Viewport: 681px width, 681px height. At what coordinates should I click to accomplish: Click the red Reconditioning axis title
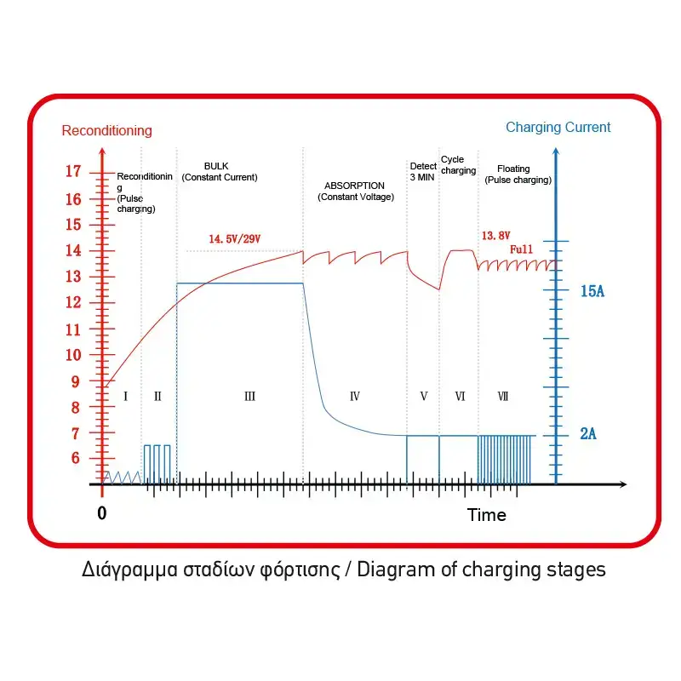tap(107, 130)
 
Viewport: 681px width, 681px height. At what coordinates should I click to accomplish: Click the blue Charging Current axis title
tap(558, 127)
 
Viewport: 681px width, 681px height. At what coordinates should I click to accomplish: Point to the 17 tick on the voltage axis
tap(73, 172)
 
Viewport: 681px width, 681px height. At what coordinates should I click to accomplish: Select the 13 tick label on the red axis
tap(73, 277)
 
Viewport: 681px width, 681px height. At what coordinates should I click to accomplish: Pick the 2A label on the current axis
tap(587, 434)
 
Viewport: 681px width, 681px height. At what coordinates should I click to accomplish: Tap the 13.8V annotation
tap(497, 234)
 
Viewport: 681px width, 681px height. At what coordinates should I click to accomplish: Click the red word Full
tap(522, 249)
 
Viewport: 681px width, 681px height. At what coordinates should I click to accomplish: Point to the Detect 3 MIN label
tap(423, 171)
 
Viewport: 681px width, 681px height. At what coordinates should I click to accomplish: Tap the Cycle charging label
tap(458, 165)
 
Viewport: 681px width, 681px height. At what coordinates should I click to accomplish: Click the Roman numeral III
tap(249, 396)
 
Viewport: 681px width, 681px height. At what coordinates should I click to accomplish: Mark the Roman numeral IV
tap(355, 396)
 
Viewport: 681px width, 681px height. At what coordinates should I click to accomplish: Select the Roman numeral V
tap(424, 396)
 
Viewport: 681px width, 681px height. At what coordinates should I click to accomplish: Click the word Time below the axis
tap(486, 515)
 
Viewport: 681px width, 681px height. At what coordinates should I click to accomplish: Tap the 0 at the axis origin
tap(102, 513)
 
